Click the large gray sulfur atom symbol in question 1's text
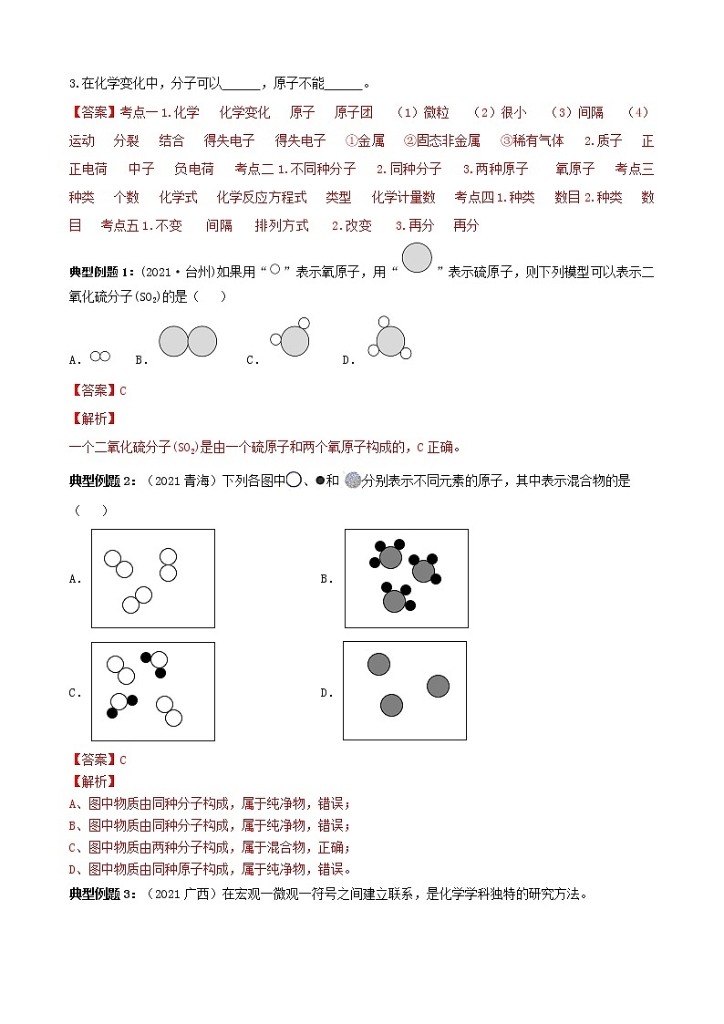(417, 259)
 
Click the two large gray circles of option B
(188, 342)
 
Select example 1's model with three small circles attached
(389, 340)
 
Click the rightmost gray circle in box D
(438, 686)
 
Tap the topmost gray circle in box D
(378, 664)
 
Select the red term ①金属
(365, 140)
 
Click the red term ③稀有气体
(532, 140)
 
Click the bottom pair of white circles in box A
(137, 599)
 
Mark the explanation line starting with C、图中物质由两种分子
(209, 847)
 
